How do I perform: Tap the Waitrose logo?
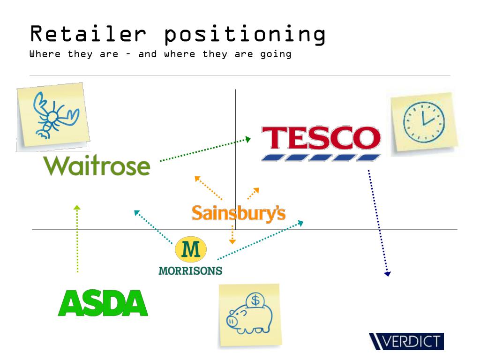97,165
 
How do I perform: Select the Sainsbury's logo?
238,213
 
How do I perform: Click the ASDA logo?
103,303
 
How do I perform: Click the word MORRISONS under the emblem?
190,270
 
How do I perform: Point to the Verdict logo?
406,341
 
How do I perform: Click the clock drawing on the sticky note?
424,121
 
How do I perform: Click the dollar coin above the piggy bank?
256,300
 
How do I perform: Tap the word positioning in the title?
245,34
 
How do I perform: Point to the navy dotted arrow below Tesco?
378,223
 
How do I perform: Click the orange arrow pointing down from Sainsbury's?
232,234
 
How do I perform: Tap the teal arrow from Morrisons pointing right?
260,240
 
